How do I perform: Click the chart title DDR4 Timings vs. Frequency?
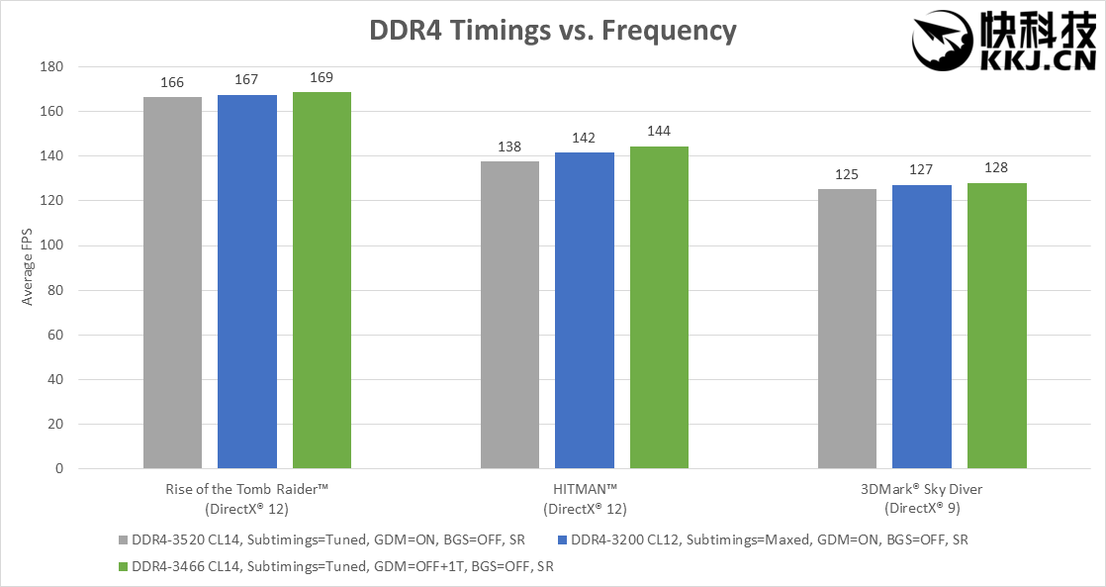point(552,31)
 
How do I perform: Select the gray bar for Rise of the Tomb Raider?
point(172,282)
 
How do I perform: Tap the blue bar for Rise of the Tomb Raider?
point(247,282)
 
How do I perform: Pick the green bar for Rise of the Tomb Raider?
point(322,280)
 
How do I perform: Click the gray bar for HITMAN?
point(509,314)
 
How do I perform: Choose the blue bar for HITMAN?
point(585,310)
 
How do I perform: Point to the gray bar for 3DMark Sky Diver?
point(848,329)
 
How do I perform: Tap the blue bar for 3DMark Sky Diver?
point(922,327)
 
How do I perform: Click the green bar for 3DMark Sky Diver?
point(997,326)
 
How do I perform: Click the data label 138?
point(509,147)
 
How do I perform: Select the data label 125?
point(848,174)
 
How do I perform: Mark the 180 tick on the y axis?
point(50,67)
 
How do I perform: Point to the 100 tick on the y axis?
point(50,245)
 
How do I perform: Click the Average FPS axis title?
point(28,267)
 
